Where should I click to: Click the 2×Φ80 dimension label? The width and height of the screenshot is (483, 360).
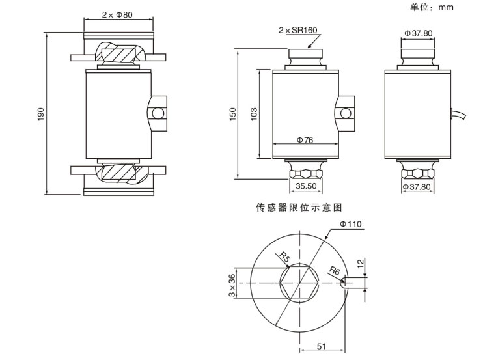coord(117,14)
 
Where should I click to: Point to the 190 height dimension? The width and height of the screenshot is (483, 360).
coord(41,114)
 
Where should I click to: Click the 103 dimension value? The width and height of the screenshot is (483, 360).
coord(255,113)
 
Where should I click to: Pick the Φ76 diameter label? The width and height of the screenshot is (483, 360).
coord(305,139)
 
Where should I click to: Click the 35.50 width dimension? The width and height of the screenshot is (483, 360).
coord(306,186)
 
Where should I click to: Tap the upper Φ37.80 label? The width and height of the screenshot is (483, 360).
coord(418,33)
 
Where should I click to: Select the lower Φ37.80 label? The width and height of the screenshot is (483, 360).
coord(417,187)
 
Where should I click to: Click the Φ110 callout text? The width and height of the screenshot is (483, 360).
coord(351,224)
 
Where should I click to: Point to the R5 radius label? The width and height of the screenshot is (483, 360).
coord(284,259)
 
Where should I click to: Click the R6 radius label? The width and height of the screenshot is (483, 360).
coord(334,270)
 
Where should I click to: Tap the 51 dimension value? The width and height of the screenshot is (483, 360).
coord(321,346)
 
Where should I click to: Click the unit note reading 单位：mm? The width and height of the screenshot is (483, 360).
coord(432,7)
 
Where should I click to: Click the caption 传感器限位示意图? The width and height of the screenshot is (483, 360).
coord(299,207)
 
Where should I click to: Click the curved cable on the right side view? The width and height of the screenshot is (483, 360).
coord(460,115)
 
